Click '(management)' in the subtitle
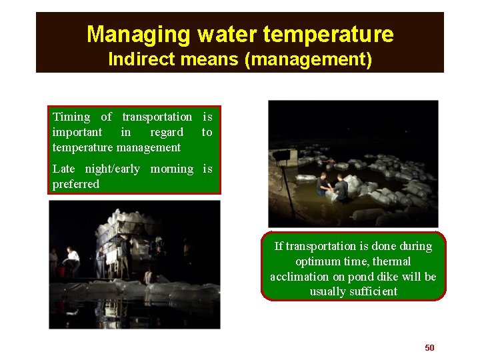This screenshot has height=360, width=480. point(308,59)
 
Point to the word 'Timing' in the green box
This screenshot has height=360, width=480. point(71,117)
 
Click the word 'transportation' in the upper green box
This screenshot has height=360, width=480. point(157,117)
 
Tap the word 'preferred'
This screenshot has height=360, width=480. point(76,184)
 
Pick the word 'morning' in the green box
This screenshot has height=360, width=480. point(171,169)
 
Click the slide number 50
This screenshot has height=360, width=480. point(429,347)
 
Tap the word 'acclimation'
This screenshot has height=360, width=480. point(299,277)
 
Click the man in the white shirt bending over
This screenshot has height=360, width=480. point(71,257)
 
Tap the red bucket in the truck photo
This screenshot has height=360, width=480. point(61,272)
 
